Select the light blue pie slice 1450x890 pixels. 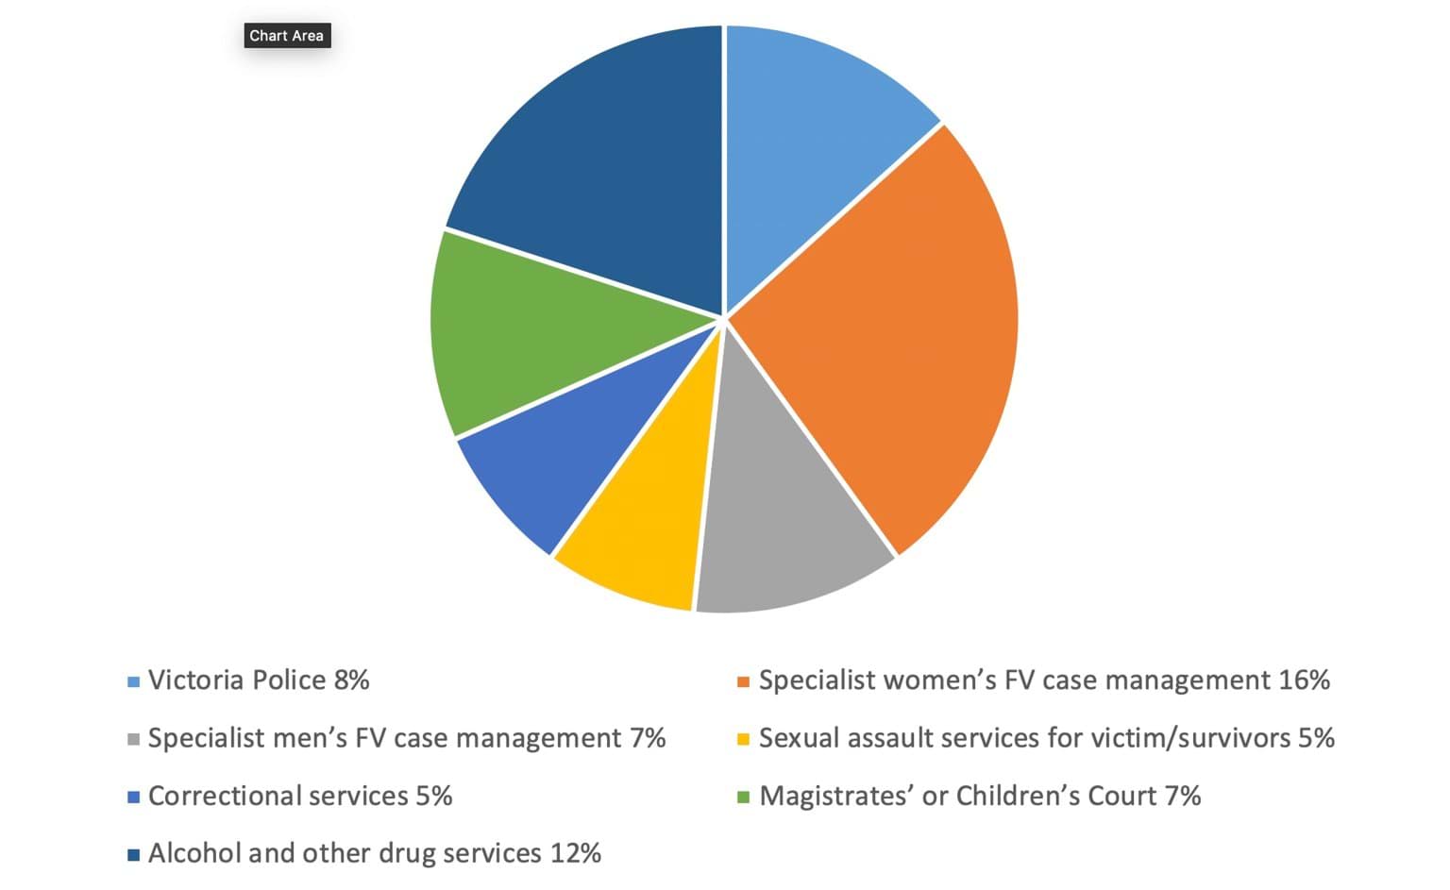[812, 142]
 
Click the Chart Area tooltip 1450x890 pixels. [286, 36]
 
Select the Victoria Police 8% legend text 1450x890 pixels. [258, 680]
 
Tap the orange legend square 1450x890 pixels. [743, 681]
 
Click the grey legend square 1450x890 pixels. [133, 739]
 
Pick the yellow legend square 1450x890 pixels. [743, 739]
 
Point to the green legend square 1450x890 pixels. [743, 798]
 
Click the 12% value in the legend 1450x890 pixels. [575, 854]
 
